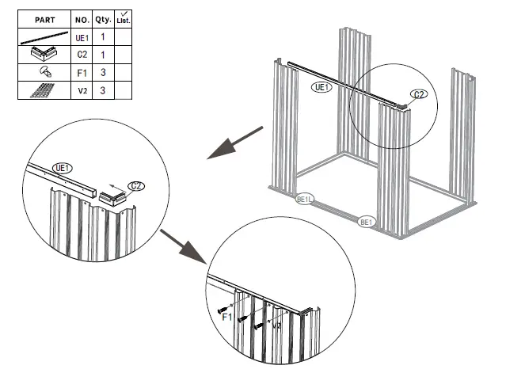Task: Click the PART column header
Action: point(44,18)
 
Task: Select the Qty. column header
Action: point(102,18)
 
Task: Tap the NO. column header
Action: point(82,18)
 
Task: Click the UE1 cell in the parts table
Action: point(82,37)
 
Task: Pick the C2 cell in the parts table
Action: point(82,55)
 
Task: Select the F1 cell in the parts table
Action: point(82,72)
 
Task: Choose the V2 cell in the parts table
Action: point(82,89)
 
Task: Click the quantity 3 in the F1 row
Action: point(102,72)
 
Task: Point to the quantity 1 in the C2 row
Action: point(102,55)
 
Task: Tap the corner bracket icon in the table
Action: point(44,55)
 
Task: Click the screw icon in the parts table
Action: point(44,72)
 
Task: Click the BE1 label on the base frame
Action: point(367,223)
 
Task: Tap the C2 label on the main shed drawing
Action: point(420,94)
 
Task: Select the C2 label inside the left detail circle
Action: point(136,186)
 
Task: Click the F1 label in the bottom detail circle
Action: point(226,317)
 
